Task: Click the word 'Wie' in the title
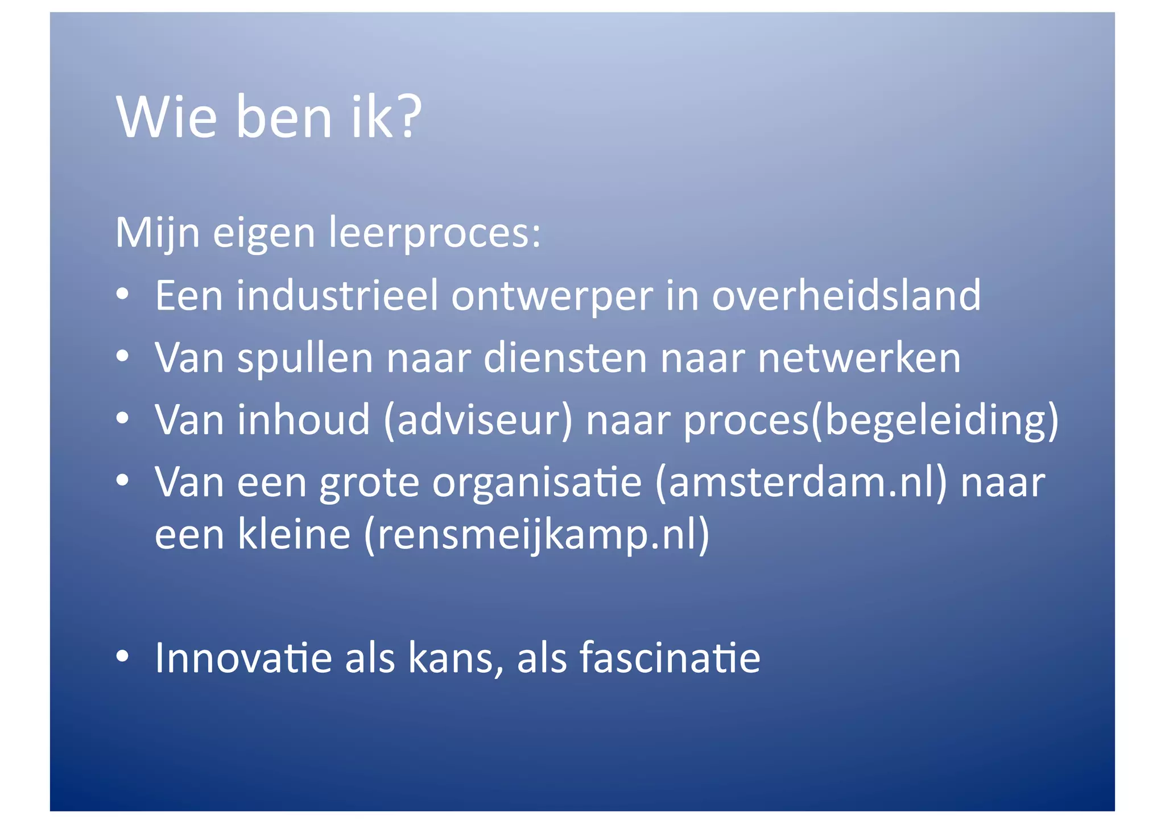167,117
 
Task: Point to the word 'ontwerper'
552,297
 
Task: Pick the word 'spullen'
304,359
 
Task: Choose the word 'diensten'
565,358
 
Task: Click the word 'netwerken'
859,358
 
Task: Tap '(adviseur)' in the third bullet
478,420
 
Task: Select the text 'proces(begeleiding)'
871,421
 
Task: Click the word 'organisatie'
536,483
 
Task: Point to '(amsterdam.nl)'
801,483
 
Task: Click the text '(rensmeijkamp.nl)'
536,535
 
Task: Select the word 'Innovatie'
243,658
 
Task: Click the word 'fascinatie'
670,658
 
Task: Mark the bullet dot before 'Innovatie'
122,657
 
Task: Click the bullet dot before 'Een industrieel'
122,295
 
